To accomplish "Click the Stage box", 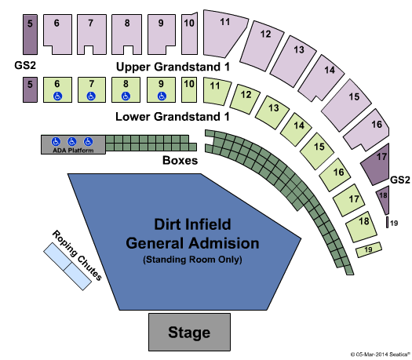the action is coord(189,332).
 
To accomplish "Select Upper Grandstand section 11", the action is coord(224,33).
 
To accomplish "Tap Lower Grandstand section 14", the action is coord(296,129).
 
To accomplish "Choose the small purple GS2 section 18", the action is coord(384,198).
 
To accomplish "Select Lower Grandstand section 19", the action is coord(369,249).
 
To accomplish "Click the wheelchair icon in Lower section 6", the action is coord(57,96).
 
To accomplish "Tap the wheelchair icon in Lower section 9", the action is coord(162,96).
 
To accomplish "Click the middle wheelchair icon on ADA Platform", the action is coord(71,141).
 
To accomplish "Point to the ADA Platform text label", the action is coord(73,151).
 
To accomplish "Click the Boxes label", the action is coord(180,160).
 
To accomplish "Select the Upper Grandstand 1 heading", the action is coord(173,67).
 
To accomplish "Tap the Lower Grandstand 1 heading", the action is coord(173,117).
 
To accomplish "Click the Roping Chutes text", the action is coord(77,255).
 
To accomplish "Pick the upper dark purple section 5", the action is coord(30,35).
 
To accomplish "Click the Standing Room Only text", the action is coord(192,260).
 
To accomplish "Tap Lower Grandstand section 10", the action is coord(189,89).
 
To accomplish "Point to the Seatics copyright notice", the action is coord(381,355).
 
